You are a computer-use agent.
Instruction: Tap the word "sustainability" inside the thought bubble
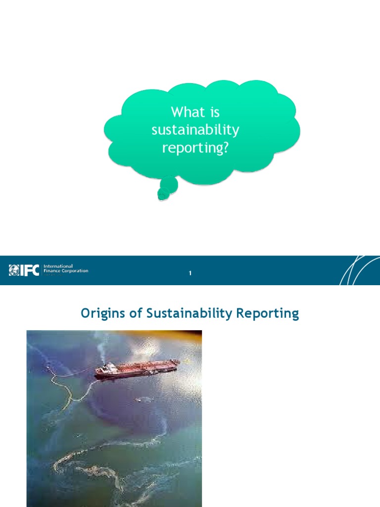tap(195, 130)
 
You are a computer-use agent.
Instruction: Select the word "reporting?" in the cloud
tap(195, 148)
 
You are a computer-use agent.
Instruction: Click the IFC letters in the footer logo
tap(30, 270)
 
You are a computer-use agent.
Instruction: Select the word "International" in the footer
tap(58, 266)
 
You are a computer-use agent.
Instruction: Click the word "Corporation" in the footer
tap(72, 271)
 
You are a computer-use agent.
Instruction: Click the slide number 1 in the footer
tap(190, 274)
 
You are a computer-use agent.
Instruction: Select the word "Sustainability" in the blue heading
tap(187, 313)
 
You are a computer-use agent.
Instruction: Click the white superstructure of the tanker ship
tap(110, 368)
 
